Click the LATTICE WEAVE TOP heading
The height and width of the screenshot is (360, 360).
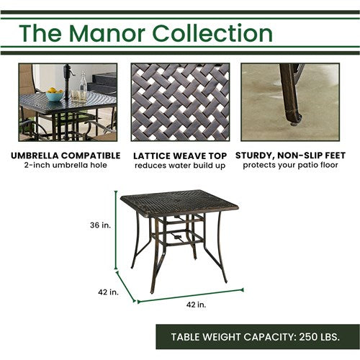(x=181, y=155)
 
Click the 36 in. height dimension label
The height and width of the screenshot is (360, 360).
(x=101, y=225)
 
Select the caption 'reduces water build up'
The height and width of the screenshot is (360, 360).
(x=181, y=165)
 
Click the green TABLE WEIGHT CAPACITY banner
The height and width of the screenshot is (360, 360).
(x=257, y=336)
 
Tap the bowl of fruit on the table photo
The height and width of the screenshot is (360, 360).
(x=54, y=94)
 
